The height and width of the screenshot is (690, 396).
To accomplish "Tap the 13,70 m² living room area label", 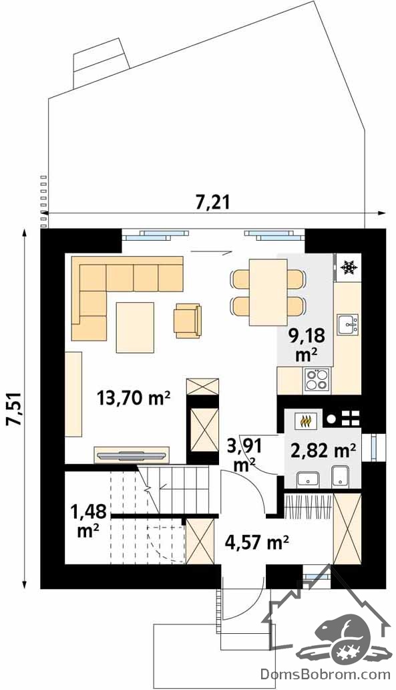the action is (x=134, y=398).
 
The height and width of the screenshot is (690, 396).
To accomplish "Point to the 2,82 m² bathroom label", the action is (x=323, y=451).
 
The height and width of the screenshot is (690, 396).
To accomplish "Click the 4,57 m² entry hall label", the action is (x=256, y=542).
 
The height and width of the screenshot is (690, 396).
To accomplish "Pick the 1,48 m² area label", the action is (x=88, y=522).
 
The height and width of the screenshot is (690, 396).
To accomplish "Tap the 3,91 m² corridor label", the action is (x=244, y=455).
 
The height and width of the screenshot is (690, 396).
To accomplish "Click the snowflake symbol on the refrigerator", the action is (x=349, y=267).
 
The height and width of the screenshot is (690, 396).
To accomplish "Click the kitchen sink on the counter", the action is (x=348, y=325).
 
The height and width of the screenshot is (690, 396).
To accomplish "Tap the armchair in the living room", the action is (x=188, y=320).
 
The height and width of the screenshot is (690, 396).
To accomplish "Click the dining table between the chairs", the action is (x=268, y=292).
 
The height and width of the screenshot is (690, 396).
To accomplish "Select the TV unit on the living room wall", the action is (x=132, y=455).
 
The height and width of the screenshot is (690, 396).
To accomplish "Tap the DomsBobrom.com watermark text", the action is (x=326, y=674).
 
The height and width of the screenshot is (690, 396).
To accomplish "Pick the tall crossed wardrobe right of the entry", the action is (x=347, y=529).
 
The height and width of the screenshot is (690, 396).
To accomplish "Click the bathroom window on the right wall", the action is (x=374, y=447).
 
